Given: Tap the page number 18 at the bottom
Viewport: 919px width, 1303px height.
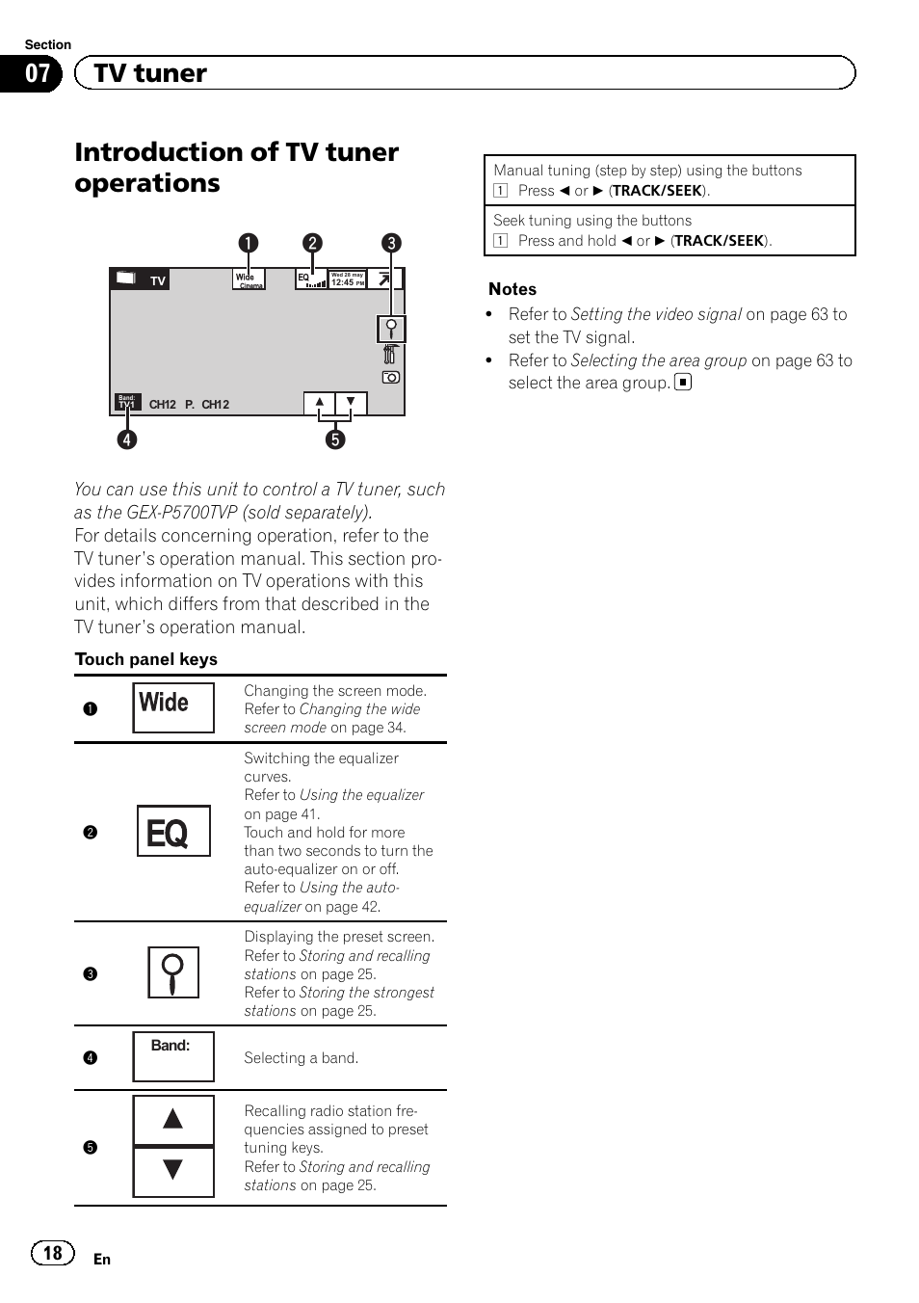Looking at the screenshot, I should point(52,1253).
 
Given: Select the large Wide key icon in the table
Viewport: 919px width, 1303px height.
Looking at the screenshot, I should point(173,706).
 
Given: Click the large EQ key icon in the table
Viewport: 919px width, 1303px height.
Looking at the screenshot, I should point(173,832).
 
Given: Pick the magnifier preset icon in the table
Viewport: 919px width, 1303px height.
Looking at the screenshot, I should point(173,972).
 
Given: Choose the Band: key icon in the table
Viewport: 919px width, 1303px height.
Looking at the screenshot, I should point(173,1056).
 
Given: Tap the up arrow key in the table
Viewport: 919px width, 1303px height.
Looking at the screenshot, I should point(173,1119).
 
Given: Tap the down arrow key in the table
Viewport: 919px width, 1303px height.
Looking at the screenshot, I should point(173,1171).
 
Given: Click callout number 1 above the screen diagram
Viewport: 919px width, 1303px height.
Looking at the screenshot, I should point(249,243).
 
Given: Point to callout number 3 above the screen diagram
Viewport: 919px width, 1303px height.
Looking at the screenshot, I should point(391,243).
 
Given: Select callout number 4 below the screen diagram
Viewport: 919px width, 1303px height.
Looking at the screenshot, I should point(127,439).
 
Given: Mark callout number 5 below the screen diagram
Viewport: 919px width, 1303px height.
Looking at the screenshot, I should point(335,439).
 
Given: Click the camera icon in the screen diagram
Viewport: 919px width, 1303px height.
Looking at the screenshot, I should point(391,377).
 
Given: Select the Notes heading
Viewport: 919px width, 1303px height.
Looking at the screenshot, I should point(512,289).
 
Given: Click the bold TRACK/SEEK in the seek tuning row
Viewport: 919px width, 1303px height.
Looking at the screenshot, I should point(720,241).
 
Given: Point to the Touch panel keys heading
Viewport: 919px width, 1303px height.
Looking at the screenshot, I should point(146,659).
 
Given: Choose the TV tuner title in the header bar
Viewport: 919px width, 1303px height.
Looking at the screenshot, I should point(150,73).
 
